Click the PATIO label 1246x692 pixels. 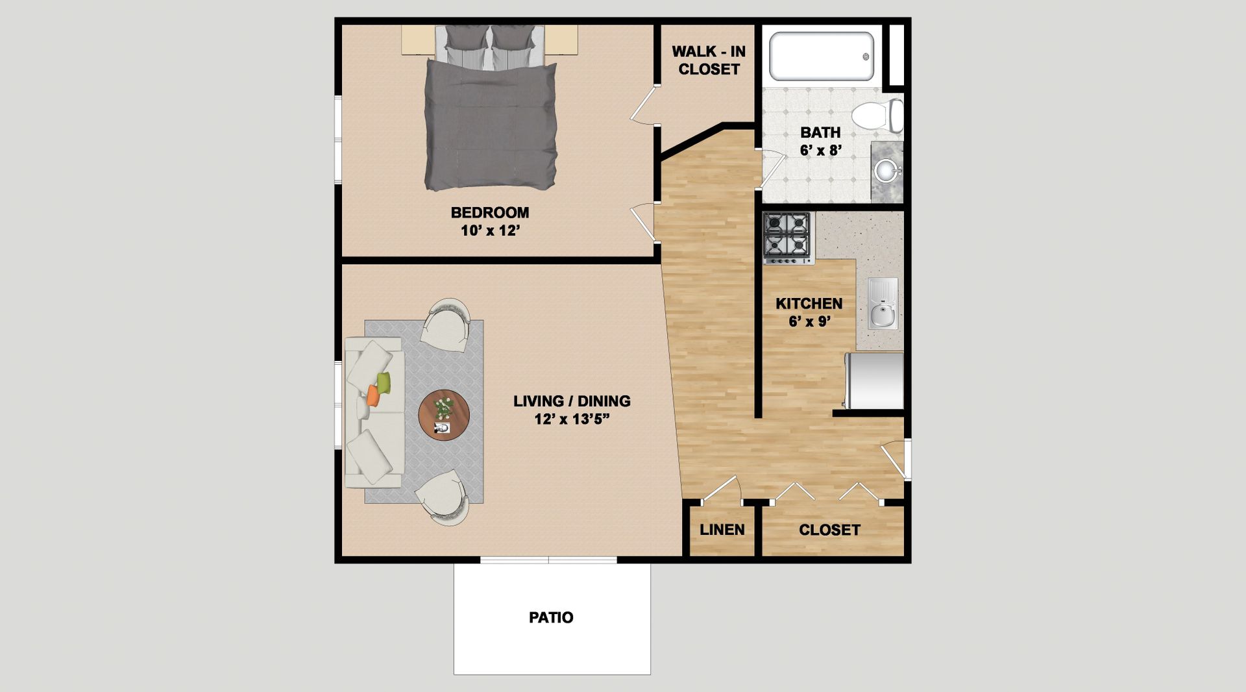point(551,617)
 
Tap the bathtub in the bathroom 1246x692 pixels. point(822,56)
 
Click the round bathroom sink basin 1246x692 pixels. point(886,171)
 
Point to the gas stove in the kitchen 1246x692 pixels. point(788,238)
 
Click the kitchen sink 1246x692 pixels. point(883,303)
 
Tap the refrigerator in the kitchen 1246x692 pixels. point(874,381)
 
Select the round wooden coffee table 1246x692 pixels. point(444,415)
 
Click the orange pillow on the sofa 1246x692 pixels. point(373,395)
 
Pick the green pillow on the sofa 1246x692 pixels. point(384,383)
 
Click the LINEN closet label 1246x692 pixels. point(722,530)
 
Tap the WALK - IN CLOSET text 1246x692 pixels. point(709,60)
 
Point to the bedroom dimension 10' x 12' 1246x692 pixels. point(491,230)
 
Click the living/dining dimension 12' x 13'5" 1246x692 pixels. point(572,419)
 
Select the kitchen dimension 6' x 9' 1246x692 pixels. point(809,321)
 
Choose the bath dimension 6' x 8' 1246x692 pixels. point(821,151)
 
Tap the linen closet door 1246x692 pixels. point(721,489)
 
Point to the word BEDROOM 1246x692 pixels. point(490,212)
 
